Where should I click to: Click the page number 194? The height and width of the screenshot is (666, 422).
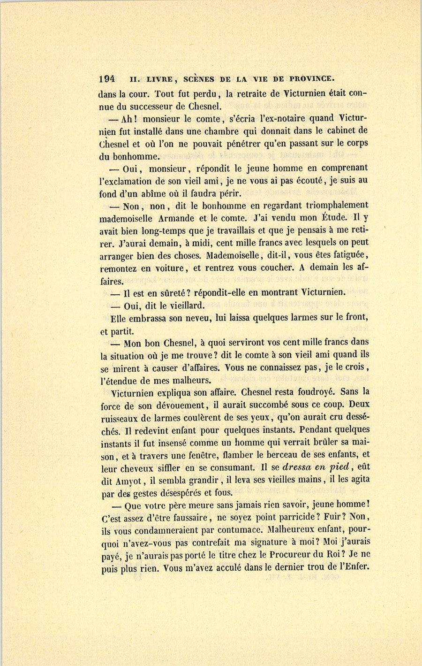108,78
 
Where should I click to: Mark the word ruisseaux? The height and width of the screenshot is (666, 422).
121,418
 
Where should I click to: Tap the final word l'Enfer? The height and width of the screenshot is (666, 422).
350,567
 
